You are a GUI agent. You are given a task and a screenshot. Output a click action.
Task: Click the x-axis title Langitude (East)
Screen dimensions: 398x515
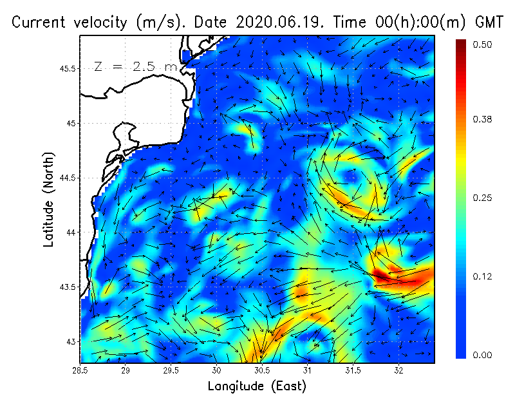257,386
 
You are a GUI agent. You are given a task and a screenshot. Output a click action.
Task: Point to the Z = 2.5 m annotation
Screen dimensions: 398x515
135,66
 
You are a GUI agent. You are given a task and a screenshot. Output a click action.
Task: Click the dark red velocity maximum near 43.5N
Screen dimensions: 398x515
381,276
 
